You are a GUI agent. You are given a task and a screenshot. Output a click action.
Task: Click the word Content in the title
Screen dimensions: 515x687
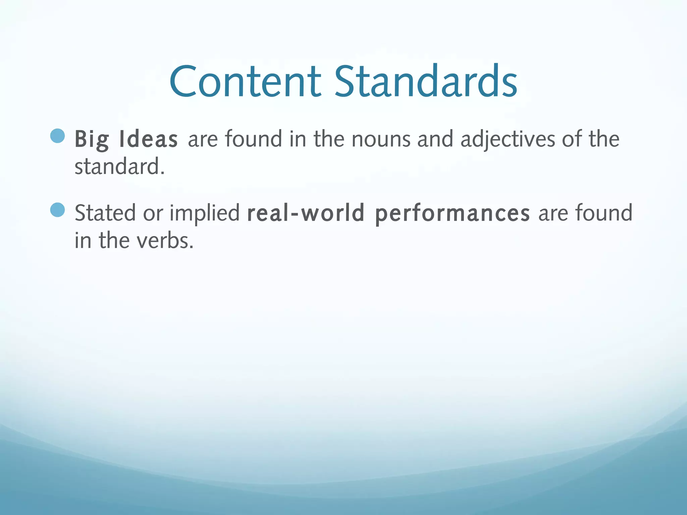245,81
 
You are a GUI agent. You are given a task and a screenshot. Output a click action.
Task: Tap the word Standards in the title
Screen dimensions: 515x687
426,81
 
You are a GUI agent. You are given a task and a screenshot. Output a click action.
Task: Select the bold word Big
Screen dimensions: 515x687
92,139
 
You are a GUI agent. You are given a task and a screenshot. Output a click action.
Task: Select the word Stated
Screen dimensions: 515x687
105,213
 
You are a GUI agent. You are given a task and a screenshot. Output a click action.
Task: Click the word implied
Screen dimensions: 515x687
204,214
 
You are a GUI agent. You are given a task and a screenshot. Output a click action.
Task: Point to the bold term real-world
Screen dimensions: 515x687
306,213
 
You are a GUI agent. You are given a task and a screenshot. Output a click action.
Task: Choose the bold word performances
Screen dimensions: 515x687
452,214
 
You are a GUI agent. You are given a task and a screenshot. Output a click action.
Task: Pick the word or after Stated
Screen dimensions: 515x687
153,214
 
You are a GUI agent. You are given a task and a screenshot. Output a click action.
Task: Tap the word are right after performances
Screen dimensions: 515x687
553,214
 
